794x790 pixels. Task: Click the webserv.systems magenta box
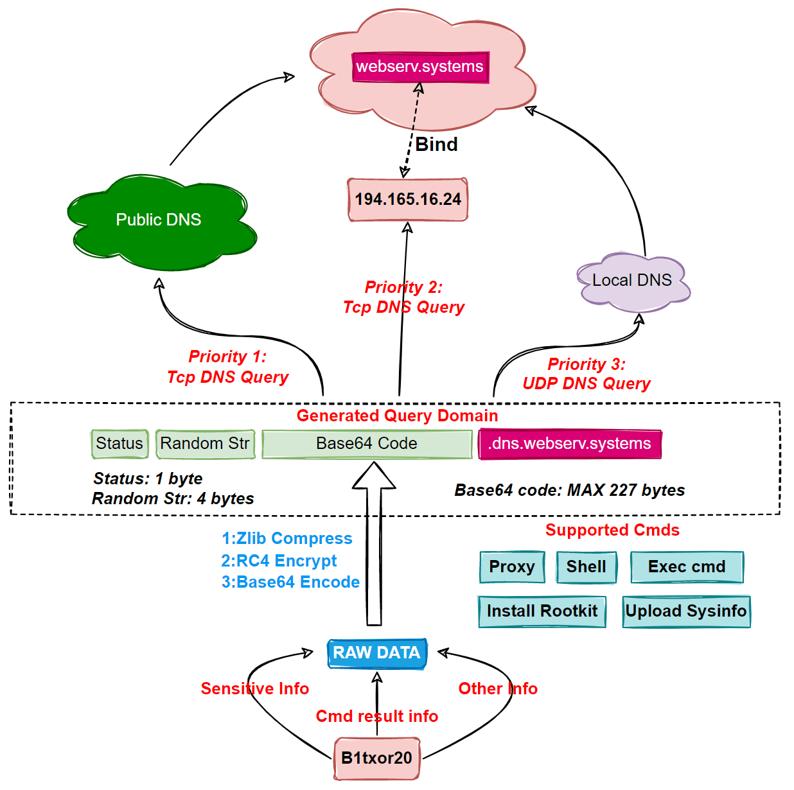point(420,67)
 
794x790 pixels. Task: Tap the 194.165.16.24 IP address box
point(408,200)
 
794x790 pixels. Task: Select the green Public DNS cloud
point(159,220)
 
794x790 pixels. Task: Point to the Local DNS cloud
point(632,281)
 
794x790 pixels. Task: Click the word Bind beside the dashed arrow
point(437,145)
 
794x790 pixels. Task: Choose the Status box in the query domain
point(119,444)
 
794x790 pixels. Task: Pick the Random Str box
point(205,444)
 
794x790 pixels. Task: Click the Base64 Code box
point(367,444)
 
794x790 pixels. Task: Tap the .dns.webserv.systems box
point(570,444)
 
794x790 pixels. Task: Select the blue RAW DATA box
point(376,653)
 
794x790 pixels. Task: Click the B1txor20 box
point(376,759)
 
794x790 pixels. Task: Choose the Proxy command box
point(512,567)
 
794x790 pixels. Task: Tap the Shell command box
point(587,567)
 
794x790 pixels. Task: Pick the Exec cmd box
point(687,567)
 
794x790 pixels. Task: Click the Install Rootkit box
point(542,611)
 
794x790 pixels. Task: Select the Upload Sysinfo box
point(686,611)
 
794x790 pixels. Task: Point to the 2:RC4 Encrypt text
point(279,561)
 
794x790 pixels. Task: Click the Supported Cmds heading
point(612,531)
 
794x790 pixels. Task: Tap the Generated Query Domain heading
point(397,416)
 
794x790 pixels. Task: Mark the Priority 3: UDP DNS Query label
point(587,374)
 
